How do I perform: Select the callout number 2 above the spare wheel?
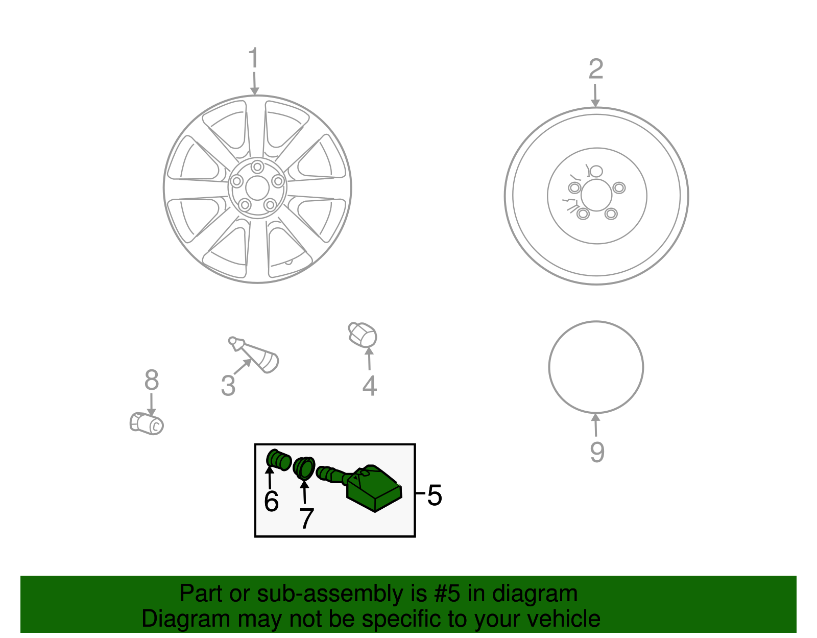tap(596, 69)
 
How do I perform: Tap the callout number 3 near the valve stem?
tap(228, 386)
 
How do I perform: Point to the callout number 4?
tap(370, 386)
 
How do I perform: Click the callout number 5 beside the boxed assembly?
tap(435, 495)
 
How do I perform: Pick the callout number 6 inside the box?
tap(272, 501)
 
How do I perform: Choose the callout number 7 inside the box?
tap(306, 518)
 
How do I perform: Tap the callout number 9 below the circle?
tap(597, 452)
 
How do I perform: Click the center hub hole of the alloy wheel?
tap(257, 188)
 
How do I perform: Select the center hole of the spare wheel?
tap(596, 195)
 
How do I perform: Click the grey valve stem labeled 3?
tap(254, 355)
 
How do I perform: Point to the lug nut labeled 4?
tap(363, 335)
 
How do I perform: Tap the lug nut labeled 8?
tap(147, 423)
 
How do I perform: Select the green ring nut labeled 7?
tap(304, 468)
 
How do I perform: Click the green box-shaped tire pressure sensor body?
tap(374, 488)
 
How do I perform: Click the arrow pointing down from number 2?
tap(595, 96)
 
